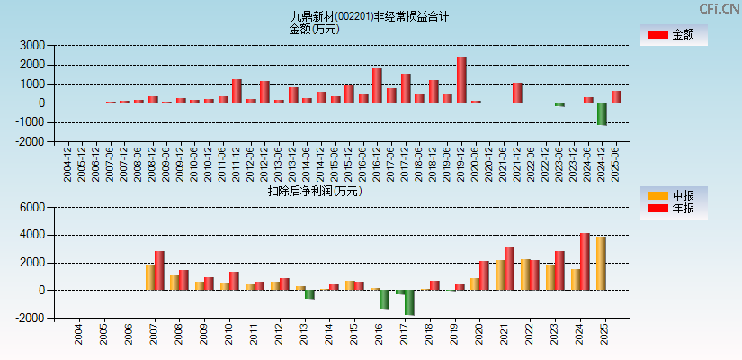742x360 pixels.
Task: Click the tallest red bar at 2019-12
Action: click(x=460, y=80)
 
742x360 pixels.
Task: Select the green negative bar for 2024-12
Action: click(x=602, y=113)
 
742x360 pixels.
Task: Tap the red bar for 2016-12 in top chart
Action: click(x=377, y=85)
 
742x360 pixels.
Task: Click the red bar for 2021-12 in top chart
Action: click(x=517, y=93)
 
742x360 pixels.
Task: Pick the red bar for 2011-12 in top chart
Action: click(x=237, y=91)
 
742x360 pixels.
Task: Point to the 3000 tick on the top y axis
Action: click(x=32, y=45)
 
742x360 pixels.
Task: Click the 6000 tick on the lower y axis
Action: click(x=32, y=207)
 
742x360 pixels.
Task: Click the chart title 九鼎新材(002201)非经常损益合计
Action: click(x=370, y=16)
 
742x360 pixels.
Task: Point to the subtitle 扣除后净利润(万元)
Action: click(x=314, y=190)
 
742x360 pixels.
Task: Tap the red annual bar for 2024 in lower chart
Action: click(x=585, y=262)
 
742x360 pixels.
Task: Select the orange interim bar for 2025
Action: click(x=601, y=264)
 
